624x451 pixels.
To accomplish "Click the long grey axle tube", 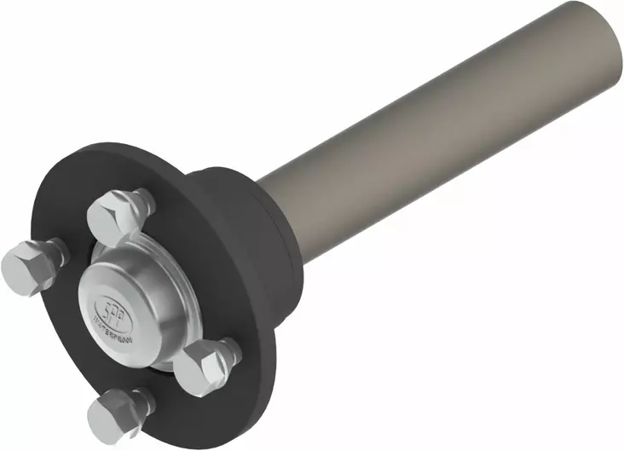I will [x=426, y=128].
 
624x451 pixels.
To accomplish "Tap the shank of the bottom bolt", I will [x=142, y=401].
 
